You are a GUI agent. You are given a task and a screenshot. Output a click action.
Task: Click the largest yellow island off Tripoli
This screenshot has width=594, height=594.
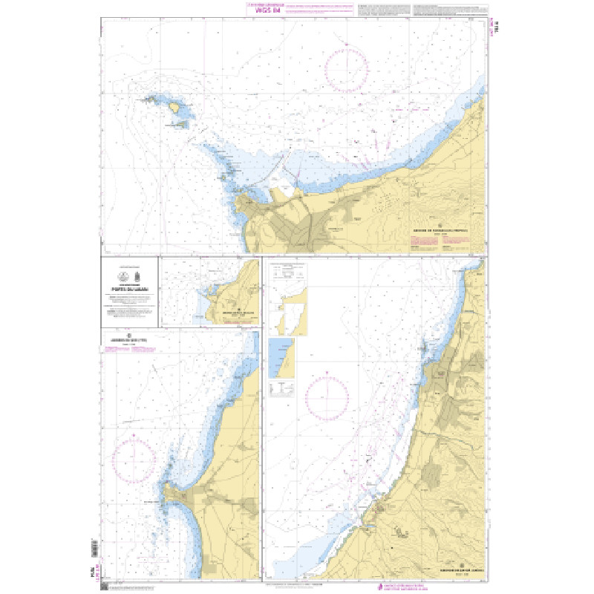click(178, 108)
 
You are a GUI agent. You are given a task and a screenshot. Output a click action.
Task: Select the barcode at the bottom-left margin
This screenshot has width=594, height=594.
click(94, 549)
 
